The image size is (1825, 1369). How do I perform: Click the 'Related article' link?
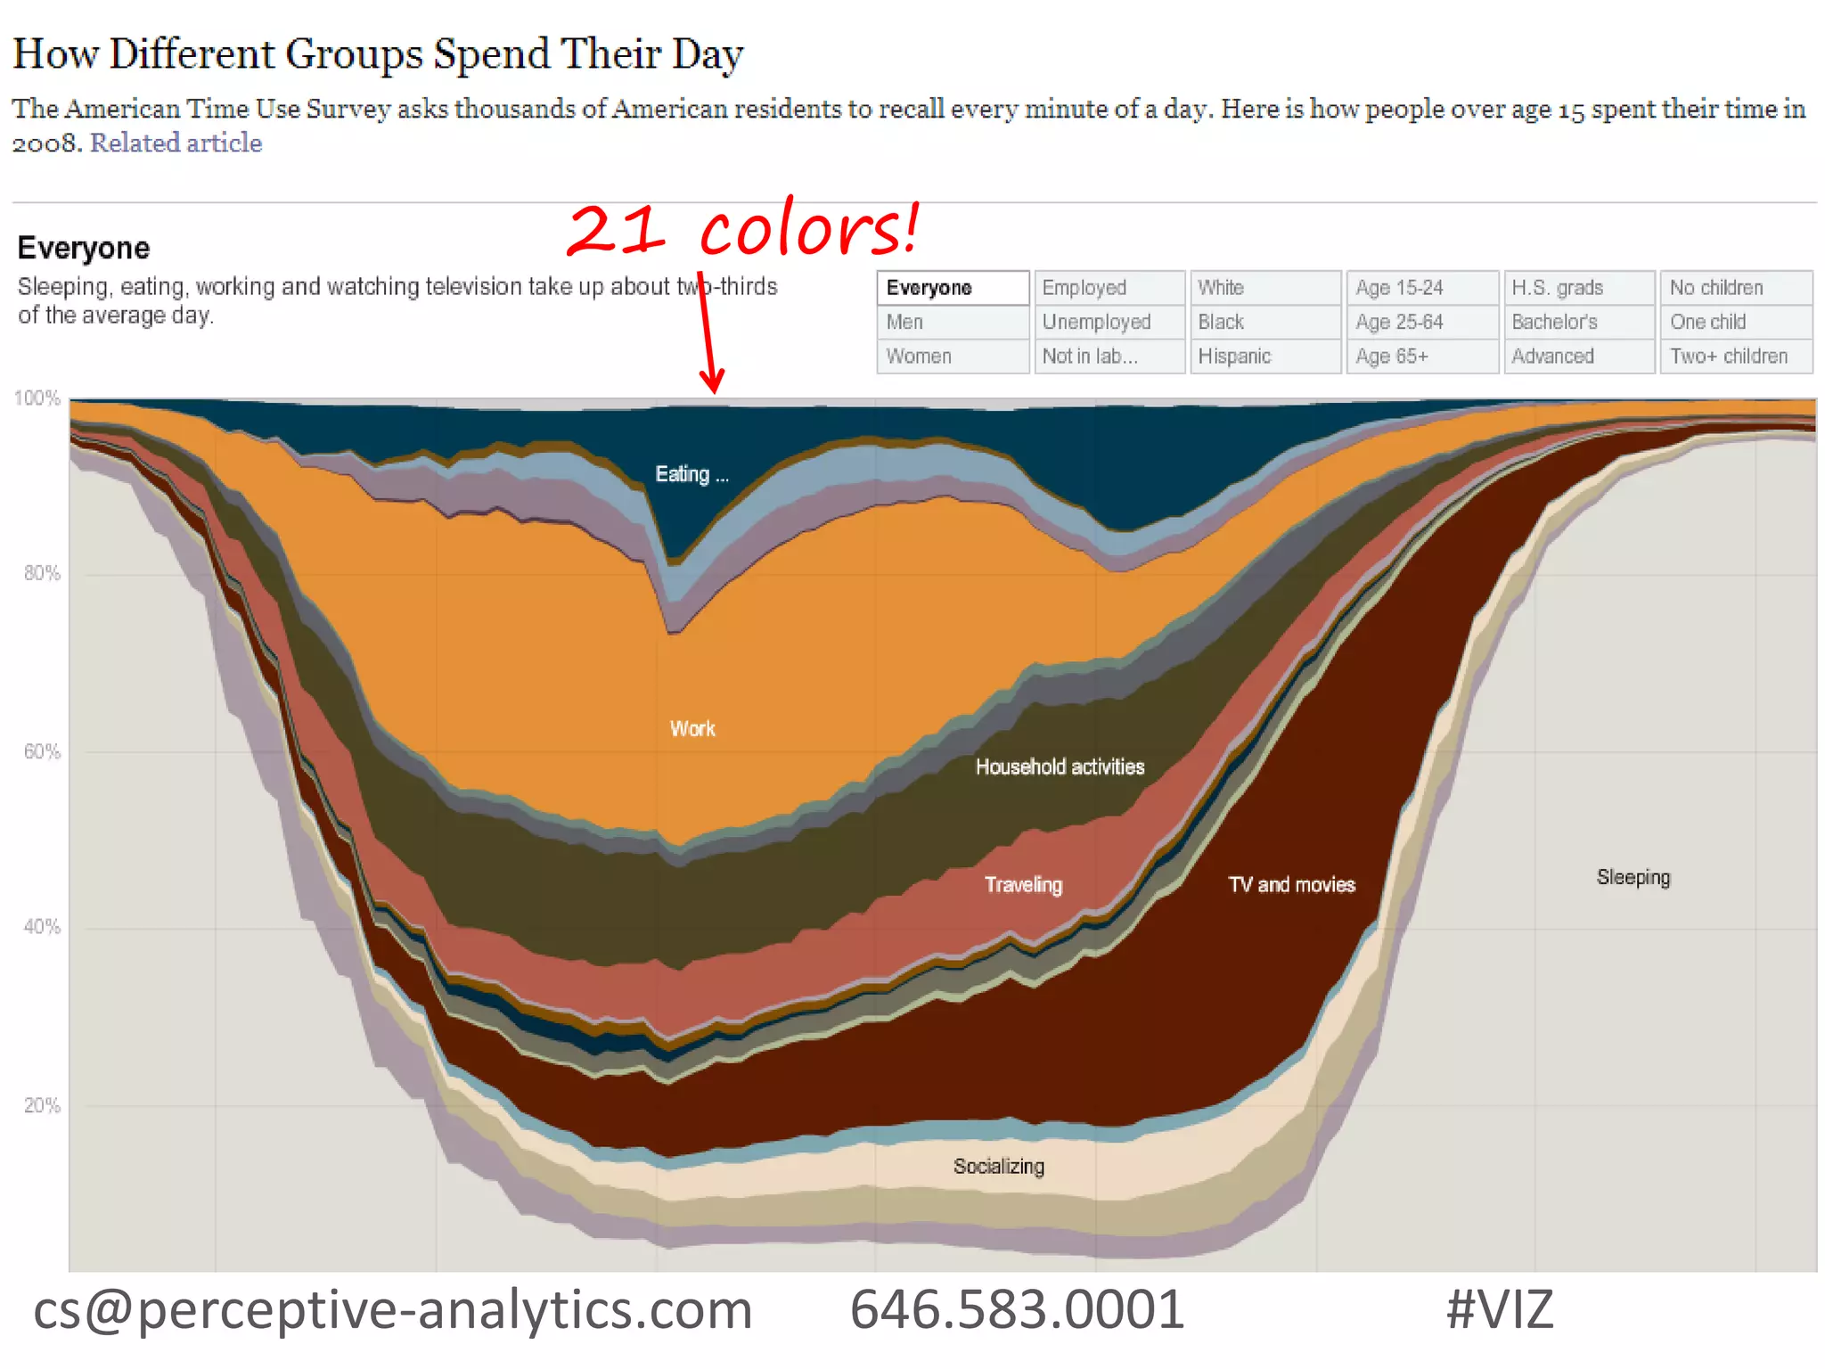(x=176, y=143)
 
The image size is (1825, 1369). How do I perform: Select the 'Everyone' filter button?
(x=953, y=288)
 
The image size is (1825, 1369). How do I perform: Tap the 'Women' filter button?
(x=953, y=357)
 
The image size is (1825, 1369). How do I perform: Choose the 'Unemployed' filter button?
(x=1109, y=322)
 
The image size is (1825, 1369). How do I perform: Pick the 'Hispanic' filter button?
(x=1264, y=357)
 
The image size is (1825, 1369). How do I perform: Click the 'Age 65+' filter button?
(x=1421, y=357)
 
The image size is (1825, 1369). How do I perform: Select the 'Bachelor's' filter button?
(x=1578, y=322)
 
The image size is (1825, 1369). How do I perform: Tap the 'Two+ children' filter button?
(x=1735, y=357)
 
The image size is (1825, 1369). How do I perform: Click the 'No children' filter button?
(x=1735, y=288)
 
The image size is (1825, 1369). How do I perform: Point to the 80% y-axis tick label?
(x=42, y=573)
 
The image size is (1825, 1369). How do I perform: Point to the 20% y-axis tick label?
(x=42, y=1106)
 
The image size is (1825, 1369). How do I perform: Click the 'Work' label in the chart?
(x=692, y=729)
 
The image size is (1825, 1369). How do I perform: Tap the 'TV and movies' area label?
(x=1291, y=885)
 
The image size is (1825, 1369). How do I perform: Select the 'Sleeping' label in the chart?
(x=1633, y=878)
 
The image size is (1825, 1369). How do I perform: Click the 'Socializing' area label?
(x=998, y=1167)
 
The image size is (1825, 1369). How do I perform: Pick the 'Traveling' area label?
(x=1023, y=885)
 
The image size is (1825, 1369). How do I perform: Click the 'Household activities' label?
(x=1060, y=767)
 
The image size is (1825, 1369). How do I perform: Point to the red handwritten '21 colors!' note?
(x=744, y=229)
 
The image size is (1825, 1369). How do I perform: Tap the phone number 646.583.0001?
(x=1017, y=1309)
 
